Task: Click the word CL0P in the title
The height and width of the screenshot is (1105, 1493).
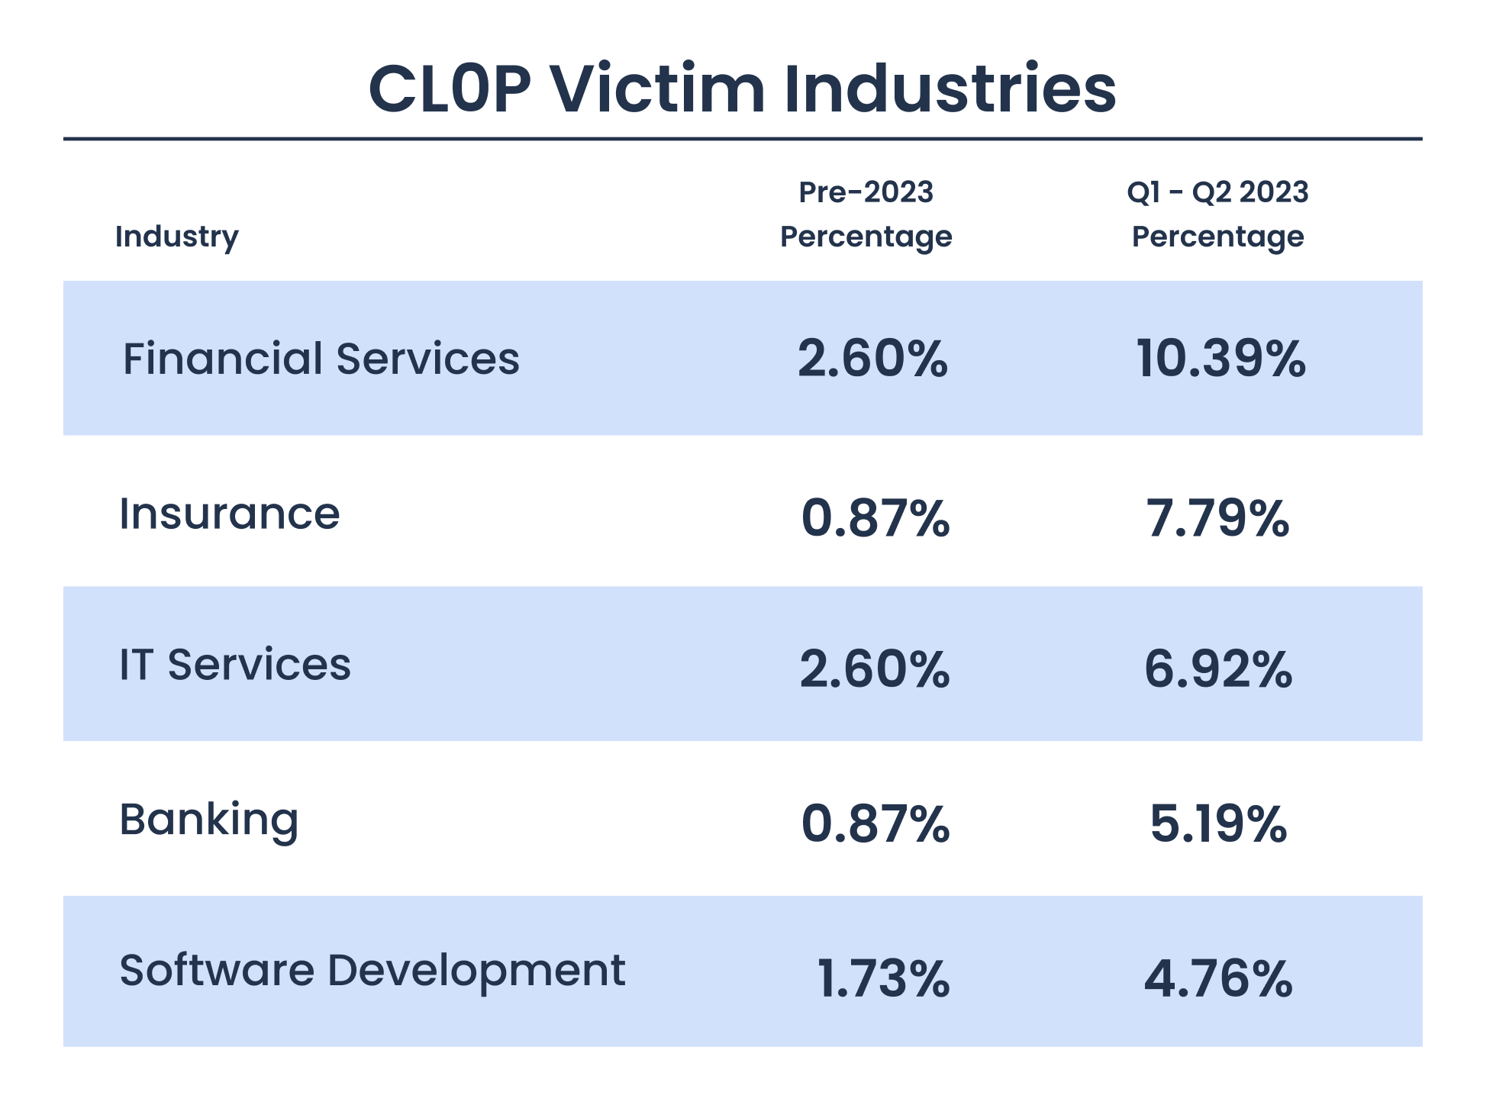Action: tap(450, 89)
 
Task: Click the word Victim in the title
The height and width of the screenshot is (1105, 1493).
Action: tap(657, 89)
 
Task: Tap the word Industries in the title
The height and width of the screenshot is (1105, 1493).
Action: tap(950, 89)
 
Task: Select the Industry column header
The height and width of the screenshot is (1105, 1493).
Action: tap(176, 237)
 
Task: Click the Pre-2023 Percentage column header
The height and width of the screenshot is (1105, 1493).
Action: tap(866, 214)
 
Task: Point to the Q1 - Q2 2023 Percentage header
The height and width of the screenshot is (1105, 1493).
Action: tap(1217, 214)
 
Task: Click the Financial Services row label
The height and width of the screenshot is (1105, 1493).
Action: tap(321, 359)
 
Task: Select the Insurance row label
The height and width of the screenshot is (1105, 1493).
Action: tap(229, 514)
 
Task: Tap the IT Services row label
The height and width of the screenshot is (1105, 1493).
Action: tap(235, 665)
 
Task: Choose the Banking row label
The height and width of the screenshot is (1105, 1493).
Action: tap(208, 820)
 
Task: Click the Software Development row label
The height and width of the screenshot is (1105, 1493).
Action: tap(372, 971)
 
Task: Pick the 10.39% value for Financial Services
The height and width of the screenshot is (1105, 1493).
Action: tap(1221, 359)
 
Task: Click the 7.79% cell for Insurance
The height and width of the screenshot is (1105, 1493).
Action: tap(1217, 519)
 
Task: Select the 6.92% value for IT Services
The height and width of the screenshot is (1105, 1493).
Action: tap(1217, 669)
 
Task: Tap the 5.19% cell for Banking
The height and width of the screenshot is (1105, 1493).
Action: tap(1217, 825)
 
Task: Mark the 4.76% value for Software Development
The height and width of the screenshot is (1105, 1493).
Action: tap(1217, 979)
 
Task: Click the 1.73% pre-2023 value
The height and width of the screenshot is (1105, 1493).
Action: tap(882, 979)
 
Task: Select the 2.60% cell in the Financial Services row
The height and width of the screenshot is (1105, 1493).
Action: tap(872, 359)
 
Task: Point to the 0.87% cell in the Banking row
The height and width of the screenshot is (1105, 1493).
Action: tap(875, 825)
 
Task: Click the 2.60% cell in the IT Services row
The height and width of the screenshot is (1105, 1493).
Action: tap(875, 669)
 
